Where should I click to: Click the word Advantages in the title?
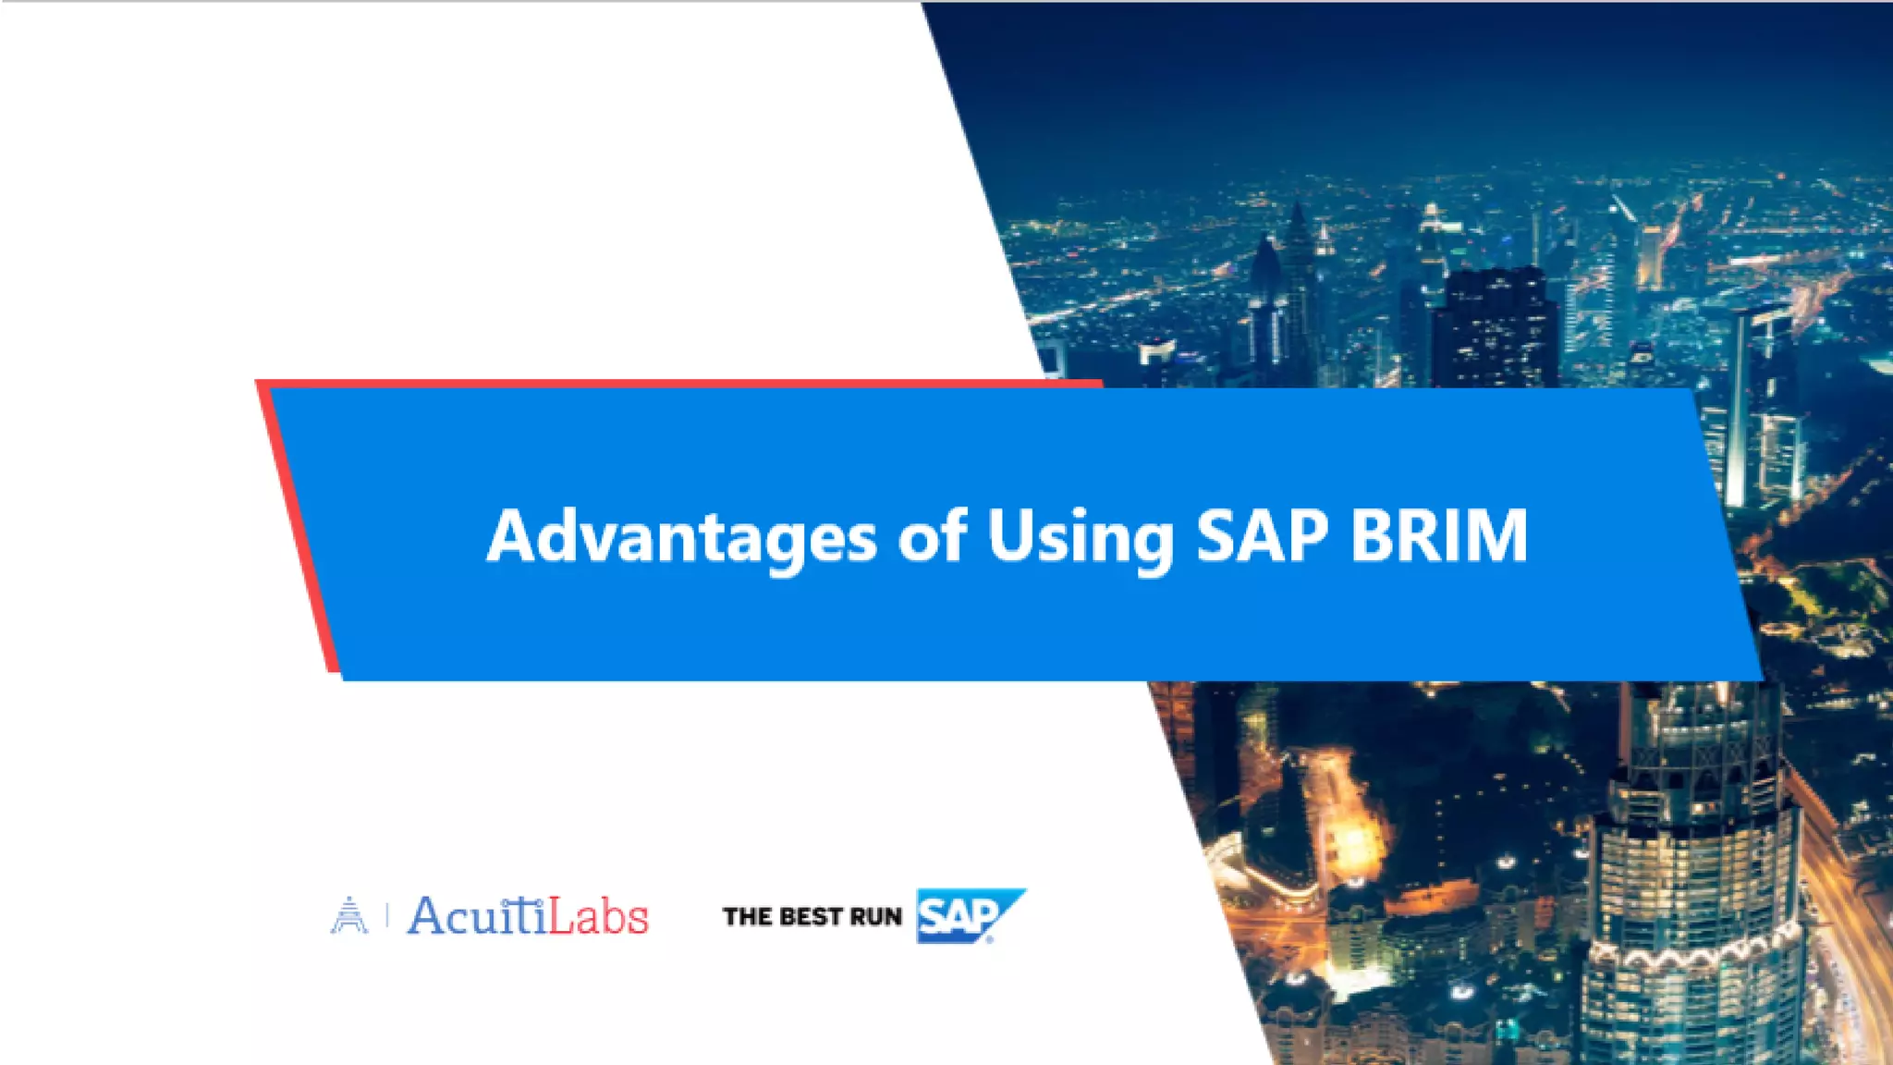[x=681, y=536]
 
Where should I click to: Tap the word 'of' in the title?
[x=932, y=536]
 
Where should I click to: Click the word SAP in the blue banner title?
[x=1262, y=536]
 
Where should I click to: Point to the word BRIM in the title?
[x=1438, y=536]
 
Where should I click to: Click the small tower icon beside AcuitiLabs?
[x=348, y=915]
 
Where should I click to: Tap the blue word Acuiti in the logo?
[x=477, y=916]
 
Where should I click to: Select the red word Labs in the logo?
[x=598, y=916]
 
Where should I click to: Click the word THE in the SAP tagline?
[x=747, y=917]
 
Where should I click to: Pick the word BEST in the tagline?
[x=811, y=917]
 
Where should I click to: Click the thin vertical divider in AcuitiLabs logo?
[x=386, y=916]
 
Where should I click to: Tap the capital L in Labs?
[x=561, y=915]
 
